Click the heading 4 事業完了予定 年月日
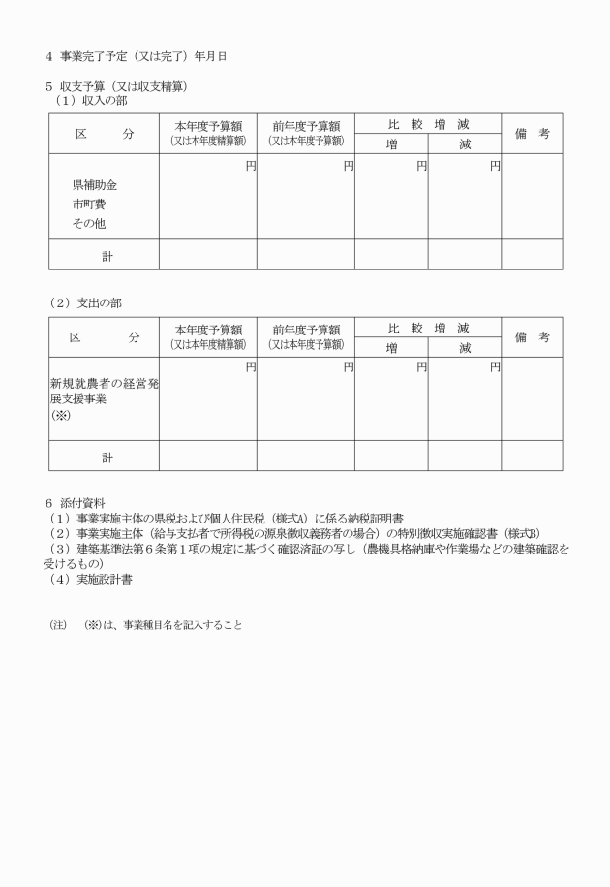click(x=136, y=56)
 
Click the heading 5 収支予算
click(x=116, y=86)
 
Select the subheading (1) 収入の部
click(x=91, y=101)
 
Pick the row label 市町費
click(x=88, y=204)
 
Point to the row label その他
click(x=88, y=223)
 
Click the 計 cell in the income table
click(x=107, y=256)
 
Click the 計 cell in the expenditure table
click(x=107, y=457)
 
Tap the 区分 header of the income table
click(x=104, y=134)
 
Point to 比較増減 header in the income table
click(x=427, y=124)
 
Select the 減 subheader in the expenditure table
click(x=465, y=347)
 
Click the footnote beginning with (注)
click(x=145, y=625)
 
